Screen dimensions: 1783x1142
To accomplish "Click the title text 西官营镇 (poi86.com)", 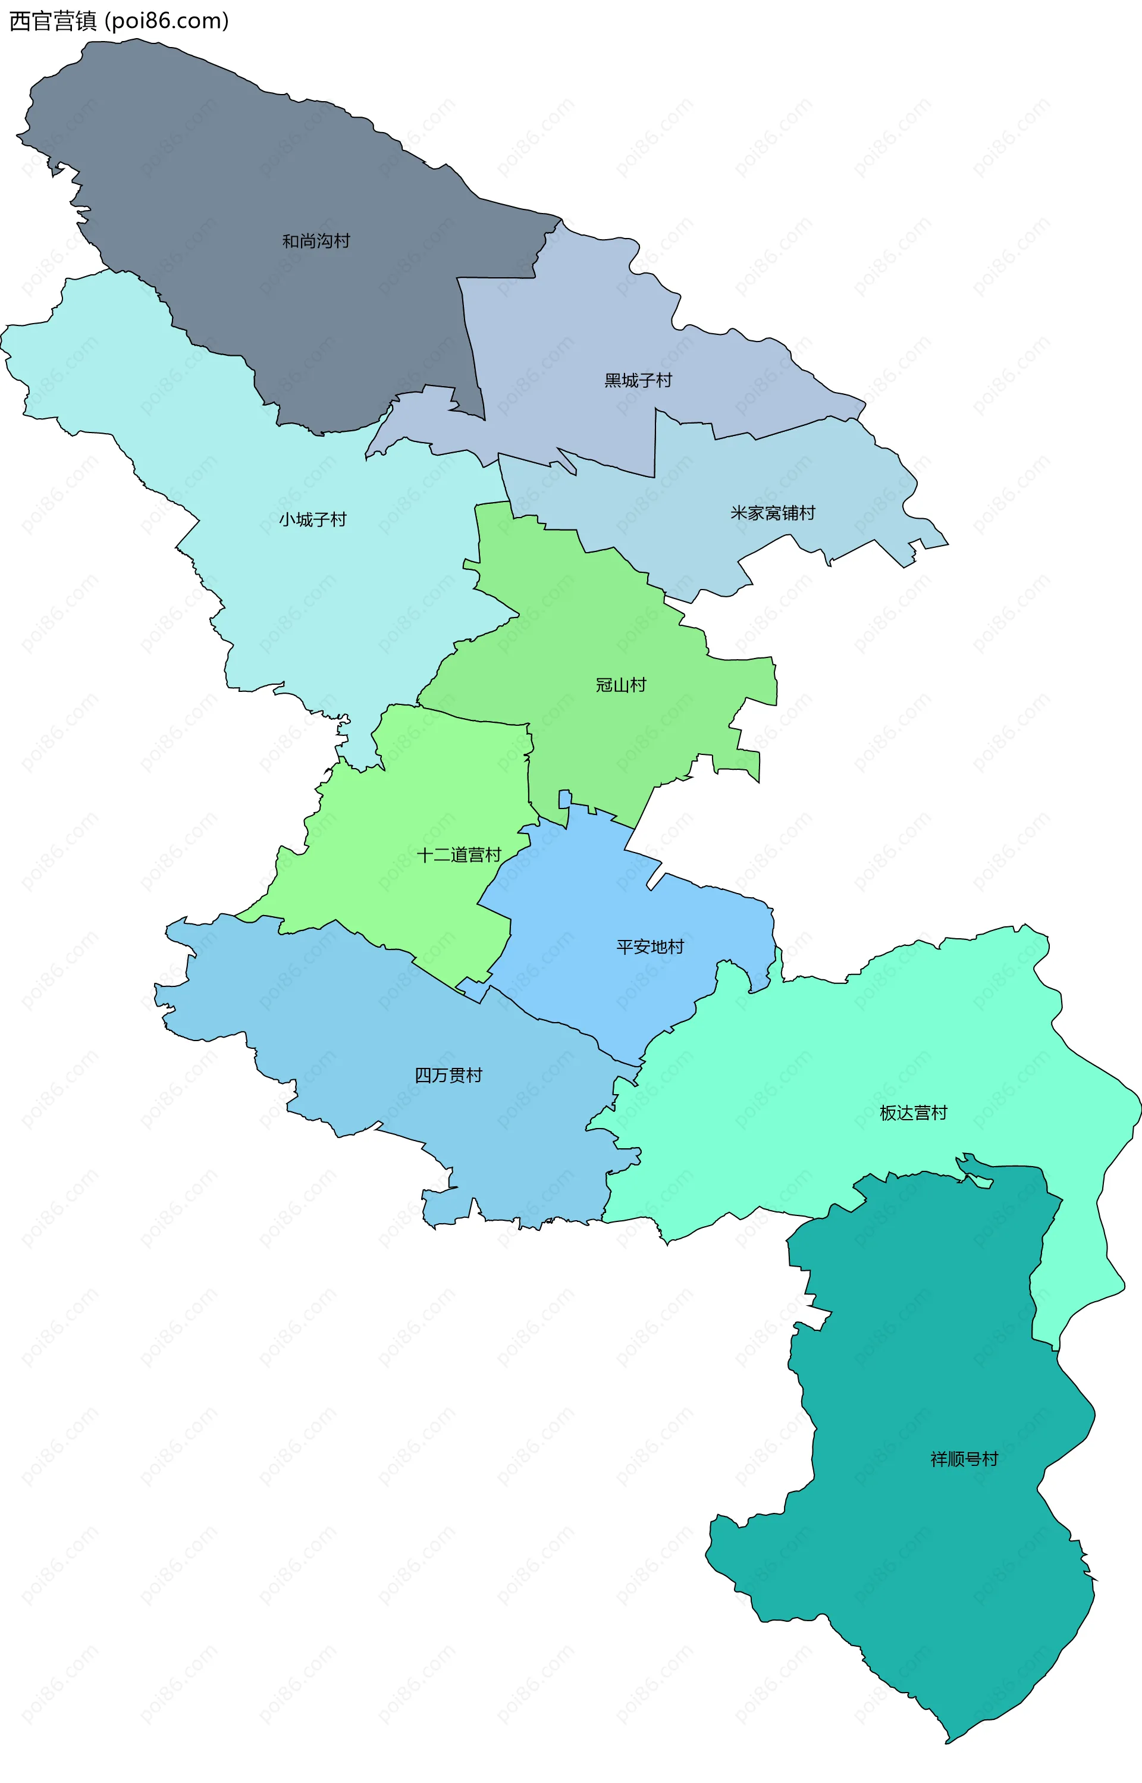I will click(x=118, y=21).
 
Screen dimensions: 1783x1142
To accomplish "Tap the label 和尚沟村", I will click(x=316, y=241).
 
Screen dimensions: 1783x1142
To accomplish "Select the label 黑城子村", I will click(x=638, y=381).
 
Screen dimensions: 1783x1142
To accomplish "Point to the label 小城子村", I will click(x=313, y=520).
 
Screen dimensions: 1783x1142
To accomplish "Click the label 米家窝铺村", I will click(x=773, y=512).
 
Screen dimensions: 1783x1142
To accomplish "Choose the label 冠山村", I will click(x=621, y=685).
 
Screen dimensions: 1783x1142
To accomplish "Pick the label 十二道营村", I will click(x=459, y=855).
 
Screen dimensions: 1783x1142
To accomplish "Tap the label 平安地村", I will click(x=650, y=947).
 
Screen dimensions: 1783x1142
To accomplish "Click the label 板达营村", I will click(x=913, y=1113).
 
